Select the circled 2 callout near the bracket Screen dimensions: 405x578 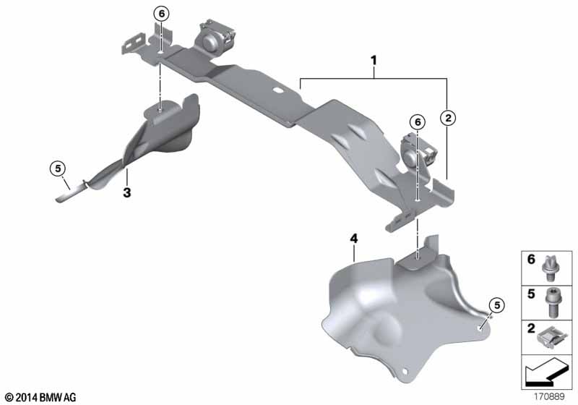(x=448, y=117)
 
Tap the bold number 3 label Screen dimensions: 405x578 (x=126, y=193)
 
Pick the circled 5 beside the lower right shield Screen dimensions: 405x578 (x=495, y=304)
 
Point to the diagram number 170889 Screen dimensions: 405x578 (x=551, y=397)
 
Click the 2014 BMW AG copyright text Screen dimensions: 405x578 (x=40, y=397)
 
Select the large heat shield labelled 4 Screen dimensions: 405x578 (x=390, y=304)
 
